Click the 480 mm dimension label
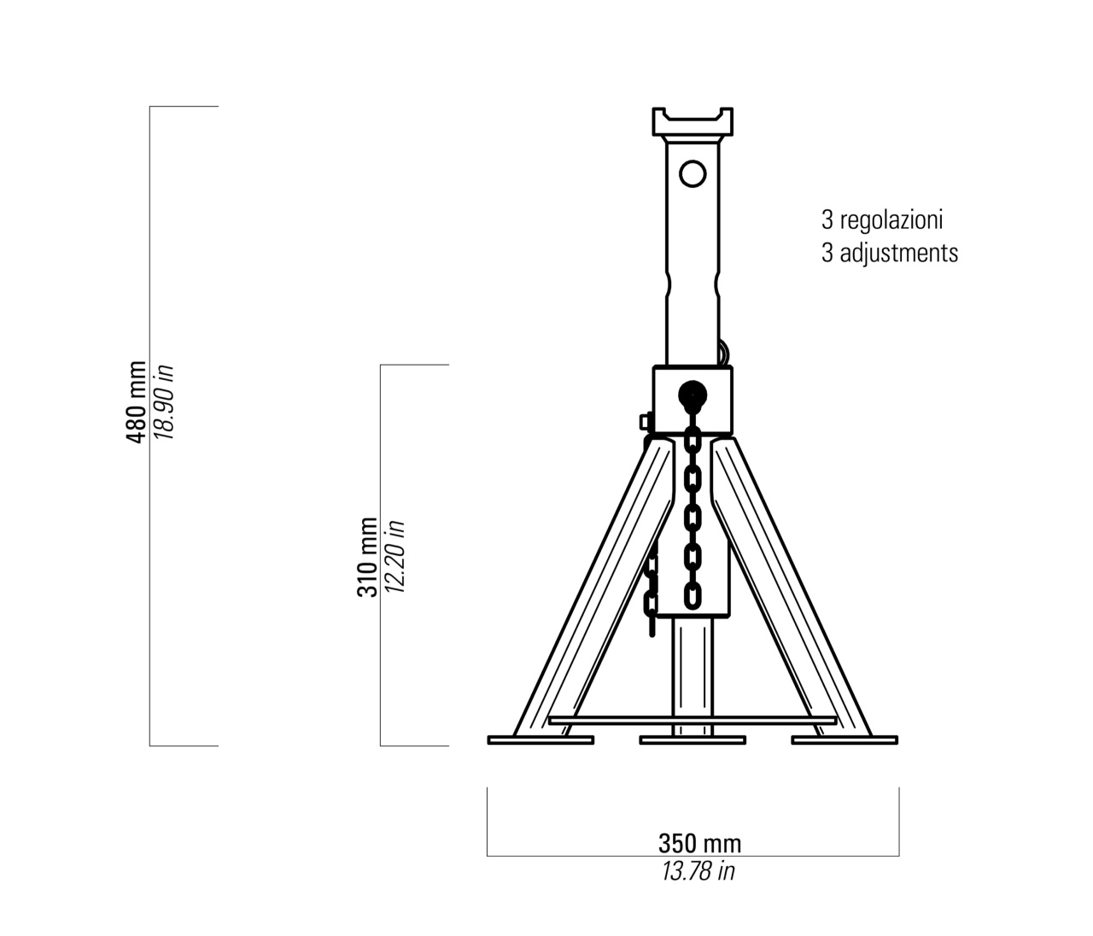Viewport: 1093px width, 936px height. tap(136, 402)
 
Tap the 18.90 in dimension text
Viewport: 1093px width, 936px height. tap(163, 402)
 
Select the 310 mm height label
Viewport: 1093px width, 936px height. tap(367, 558)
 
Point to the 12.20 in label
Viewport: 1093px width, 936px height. tap(395, 558)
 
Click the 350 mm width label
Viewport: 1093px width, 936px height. tap(699, 844)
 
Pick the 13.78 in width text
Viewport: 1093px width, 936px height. tap(698, 871)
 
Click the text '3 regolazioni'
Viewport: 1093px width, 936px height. tap(882, 220)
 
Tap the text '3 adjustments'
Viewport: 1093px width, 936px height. tap(890, 253)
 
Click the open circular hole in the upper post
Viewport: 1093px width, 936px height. tap(693, 173)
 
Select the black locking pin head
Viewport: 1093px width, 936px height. tap(693, 395)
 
